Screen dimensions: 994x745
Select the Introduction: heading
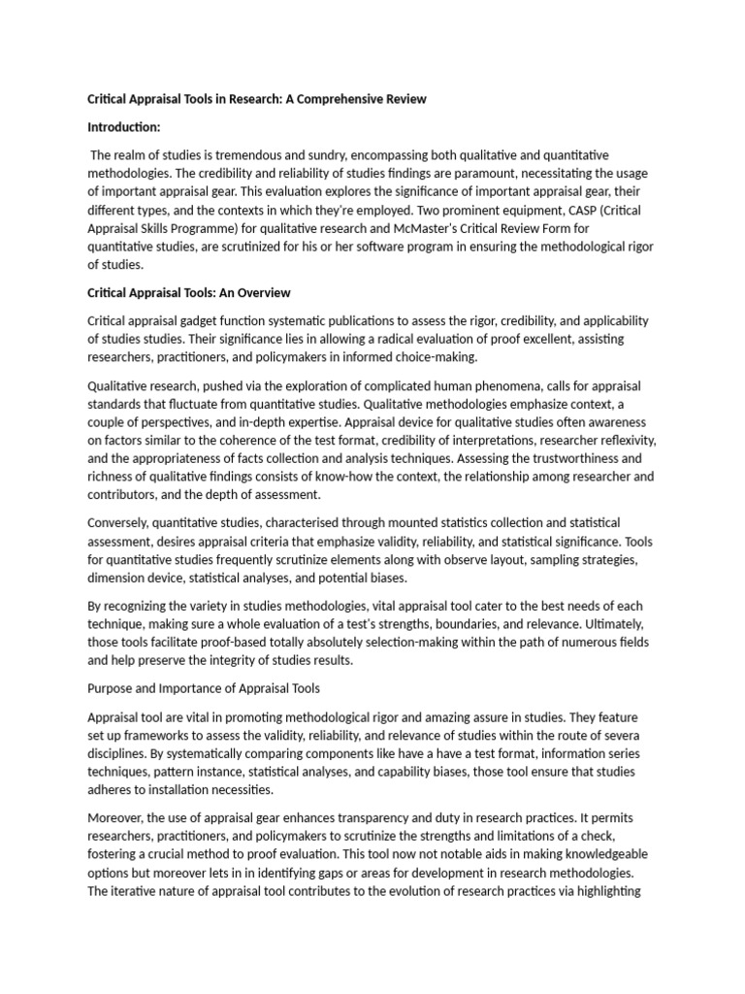coord(124,127)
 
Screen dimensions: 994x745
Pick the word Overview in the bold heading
coord(257,292)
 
